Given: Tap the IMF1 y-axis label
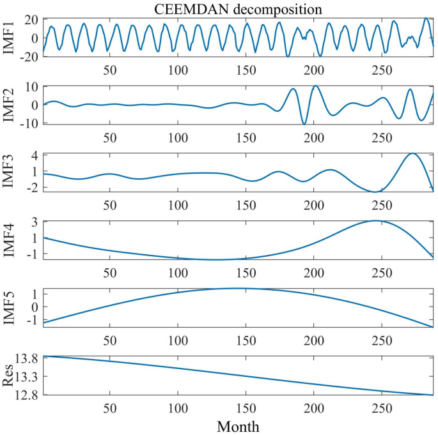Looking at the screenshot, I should coord(8,37).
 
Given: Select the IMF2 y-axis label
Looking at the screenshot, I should coord(8,104).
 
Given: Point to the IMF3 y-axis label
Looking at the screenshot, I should coord(8,172).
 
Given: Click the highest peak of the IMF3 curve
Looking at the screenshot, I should coord(412,153).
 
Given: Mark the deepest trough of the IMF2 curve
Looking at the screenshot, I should coord(304,123).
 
